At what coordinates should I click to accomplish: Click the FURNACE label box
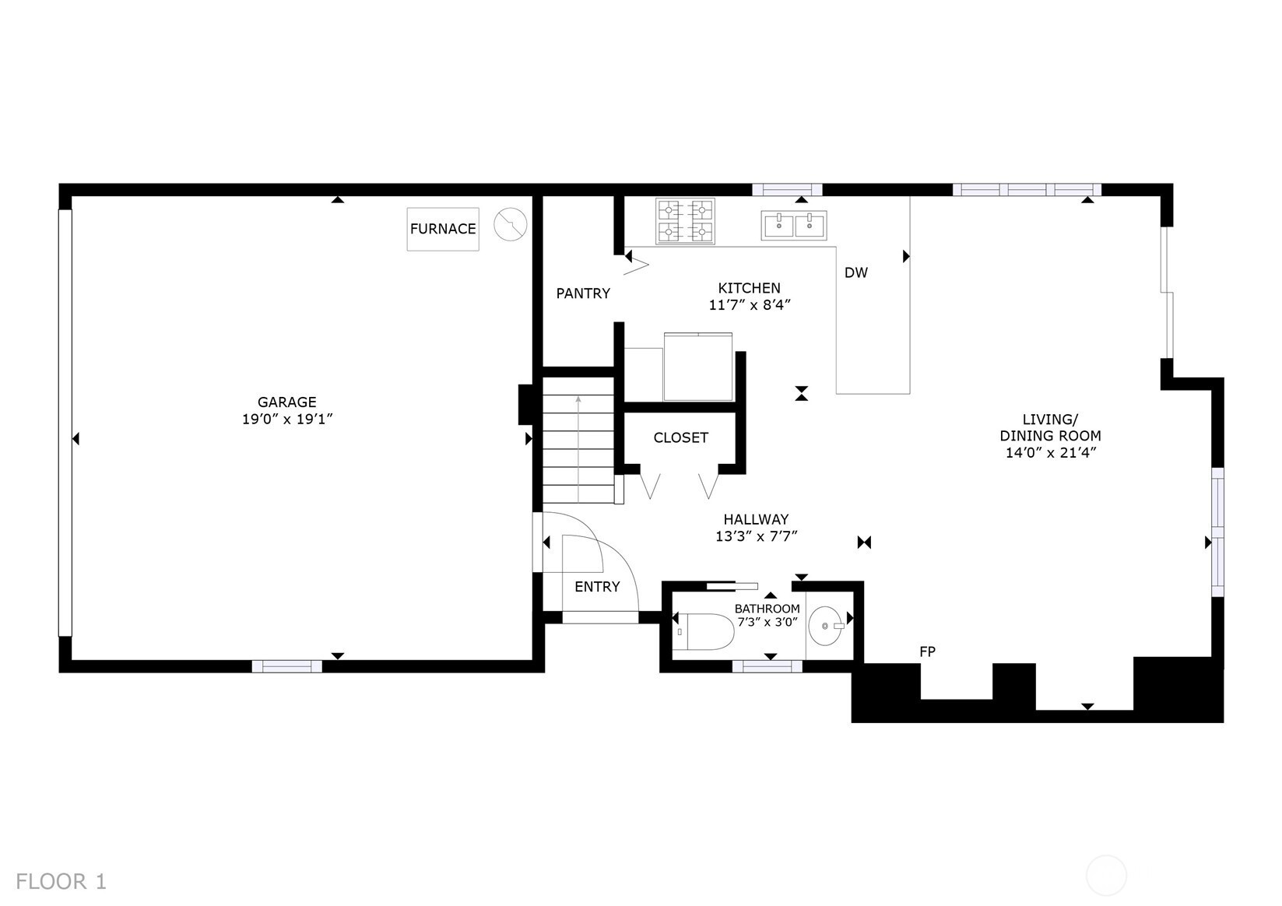pyautogui.click(x=442, y=229)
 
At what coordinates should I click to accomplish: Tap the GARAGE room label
pyautogui.click(x=286, y=402)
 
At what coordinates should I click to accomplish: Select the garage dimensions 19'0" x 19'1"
pyautogui.click(x=287, y=419)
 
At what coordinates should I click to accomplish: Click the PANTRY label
pyautogui.click(x=583, y=293)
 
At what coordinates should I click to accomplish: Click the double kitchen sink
pyautogui.click(x=794, y=225)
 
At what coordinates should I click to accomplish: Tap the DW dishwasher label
pyautogui.click(x=856, y=273)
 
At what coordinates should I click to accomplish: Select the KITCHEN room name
pyautogui.click(x=749, y=288)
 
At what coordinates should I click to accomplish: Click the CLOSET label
pyautogui.click(x=681, y=438)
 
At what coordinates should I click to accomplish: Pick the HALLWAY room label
pyautogui.click(x=756, y=519)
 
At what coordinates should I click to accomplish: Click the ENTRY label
pyautogui.click(x=598, y=587)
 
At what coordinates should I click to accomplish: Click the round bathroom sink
pyautogui.click(x=826, y=626)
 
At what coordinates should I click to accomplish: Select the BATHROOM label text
pyautogui.click(x=767, y=609)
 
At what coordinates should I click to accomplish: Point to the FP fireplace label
pyautogui.click(x=927, y=651)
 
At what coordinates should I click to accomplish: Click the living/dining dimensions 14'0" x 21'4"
pyautogui.click(x=1051, y=453)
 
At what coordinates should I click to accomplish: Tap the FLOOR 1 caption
pyautogui.click(x=61, y=881)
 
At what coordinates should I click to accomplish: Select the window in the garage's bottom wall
pyautogui.click(x=286, y=665)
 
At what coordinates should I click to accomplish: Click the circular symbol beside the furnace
pyautogui.click(x=511, y=224)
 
